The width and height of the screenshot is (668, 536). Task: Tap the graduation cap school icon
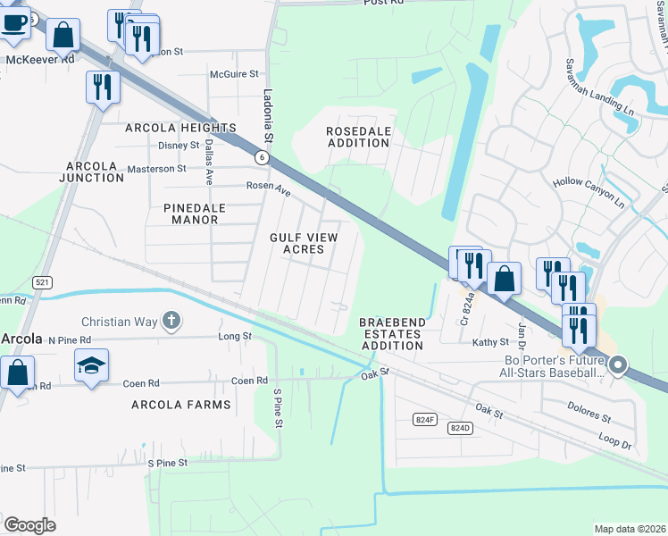click(x=92, y=365)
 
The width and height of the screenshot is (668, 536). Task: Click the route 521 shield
click(x=42, y=281)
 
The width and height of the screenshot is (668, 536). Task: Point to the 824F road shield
click(x=425, y=419)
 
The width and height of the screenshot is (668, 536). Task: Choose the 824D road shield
click(x=459, y=428)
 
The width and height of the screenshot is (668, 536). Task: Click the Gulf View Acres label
click(x=304, y=243)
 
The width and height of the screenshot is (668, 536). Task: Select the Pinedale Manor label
click(x=196, y=213)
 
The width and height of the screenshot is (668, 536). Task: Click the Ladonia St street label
click(x=266, y=121)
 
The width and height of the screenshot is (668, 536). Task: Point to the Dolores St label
click(x=588, y=417)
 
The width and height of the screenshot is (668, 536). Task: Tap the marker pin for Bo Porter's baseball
click(x=617, y=365)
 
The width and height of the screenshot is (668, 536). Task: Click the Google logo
click(x=29, y=525)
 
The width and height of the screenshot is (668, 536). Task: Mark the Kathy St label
click(x=489, y=342)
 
